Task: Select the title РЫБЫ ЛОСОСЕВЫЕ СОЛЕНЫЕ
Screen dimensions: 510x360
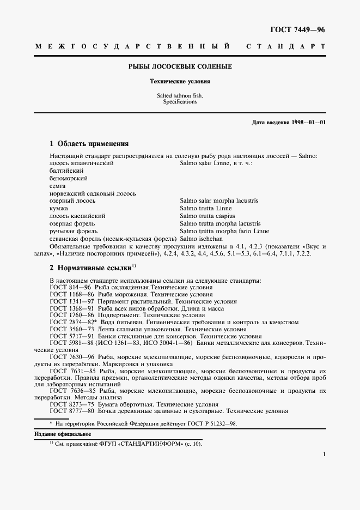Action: click(x=180, y=66)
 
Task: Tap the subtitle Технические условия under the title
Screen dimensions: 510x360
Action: click(x=180, y=81)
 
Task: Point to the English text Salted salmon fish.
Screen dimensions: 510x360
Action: click(x=180, y=95)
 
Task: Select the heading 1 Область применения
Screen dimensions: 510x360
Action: click(x=89, y=144)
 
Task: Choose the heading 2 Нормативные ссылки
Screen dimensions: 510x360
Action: click(x=90, y=268)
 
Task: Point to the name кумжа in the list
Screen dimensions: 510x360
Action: click(x=58, y=208)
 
